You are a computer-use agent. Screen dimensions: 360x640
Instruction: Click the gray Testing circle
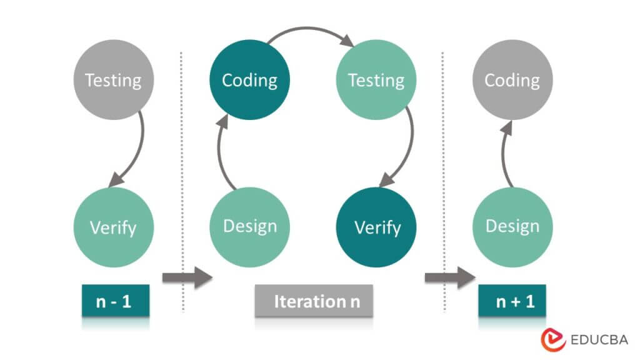(113, 80)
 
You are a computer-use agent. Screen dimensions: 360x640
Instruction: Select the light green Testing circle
(376, 80)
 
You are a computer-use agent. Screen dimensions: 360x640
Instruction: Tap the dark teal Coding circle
(249, 80)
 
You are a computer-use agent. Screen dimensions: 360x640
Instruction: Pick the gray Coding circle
(512, 80)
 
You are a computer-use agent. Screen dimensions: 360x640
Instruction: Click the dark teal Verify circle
(377, 227)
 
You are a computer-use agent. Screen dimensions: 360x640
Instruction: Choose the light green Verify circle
(113, 227)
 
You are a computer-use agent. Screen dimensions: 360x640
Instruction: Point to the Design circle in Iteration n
(249, 226)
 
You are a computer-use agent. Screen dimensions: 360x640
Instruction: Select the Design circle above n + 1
(512, 226)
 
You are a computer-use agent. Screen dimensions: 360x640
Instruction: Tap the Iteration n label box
(314, 301)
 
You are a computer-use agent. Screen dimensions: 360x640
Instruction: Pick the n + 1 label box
(512, 302)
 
